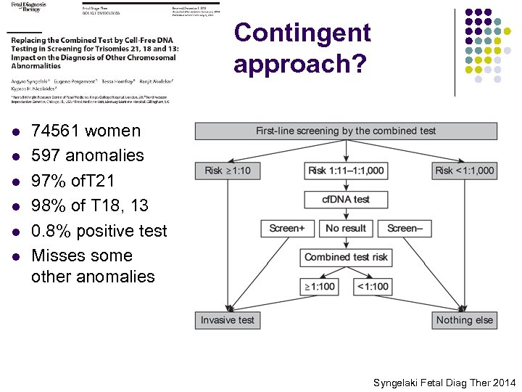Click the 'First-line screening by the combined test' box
346,131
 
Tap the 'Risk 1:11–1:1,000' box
346,171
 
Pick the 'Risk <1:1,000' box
464,171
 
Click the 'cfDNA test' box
346,199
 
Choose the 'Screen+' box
287,228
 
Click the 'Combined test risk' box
346,257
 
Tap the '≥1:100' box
318,286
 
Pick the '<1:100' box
373,286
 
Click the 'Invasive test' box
228,320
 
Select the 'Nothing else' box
464,320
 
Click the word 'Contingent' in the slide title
302,33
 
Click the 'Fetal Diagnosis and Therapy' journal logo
25,7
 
